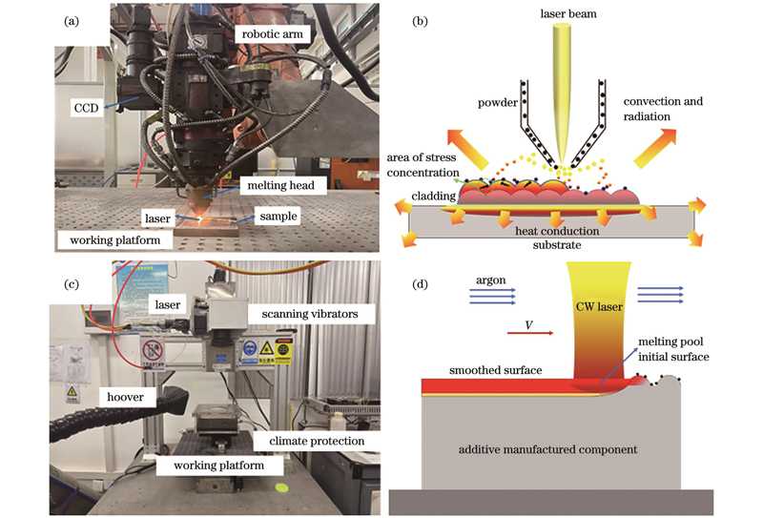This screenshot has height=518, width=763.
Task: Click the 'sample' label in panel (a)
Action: point(278,217)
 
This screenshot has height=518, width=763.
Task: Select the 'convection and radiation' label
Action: point(664,109)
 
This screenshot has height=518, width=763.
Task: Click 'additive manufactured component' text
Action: point(549,448)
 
